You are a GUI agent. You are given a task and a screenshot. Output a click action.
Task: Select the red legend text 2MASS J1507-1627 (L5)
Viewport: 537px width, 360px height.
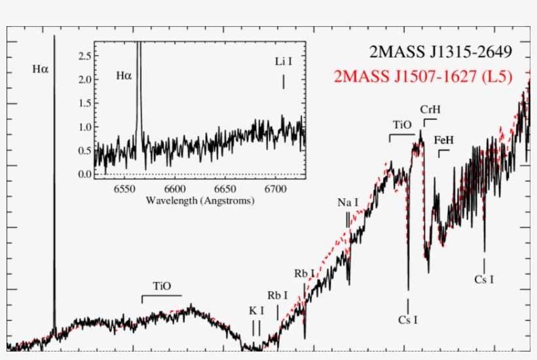pos(422,77)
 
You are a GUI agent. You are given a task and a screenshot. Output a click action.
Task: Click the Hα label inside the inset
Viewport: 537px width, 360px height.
pos(124,76)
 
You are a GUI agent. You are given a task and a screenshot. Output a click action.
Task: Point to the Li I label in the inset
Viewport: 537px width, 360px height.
pos(283,62)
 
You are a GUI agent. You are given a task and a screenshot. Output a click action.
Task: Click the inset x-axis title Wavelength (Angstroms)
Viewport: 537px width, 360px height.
pos(200,200)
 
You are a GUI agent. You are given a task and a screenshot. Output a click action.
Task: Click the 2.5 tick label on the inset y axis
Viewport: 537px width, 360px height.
pos(84,56)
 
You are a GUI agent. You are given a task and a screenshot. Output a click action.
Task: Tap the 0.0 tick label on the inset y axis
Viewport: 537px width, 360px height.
pos(84,174)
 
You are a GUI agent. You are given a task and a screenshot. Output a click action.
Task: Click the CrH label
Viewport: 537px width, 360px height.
pos(430,109)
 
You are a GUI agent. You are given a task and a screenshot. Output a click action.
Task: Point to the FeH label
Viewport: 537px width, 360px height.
pos(443,140)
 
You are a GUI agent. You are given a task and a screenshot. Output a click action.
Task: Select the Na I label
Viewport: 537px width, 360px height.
pos(348,202)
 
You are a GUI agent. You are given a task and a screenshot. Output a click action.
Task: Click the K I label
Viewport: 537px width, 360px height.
pos(257,310)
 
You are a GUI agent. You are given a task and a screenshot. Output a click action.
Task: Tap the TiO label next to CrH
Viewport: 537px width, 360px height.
pos(401,124)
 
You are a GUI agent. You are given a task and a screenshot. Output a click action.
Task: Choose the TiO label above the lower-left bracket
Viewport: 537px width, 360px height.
pos(162,286)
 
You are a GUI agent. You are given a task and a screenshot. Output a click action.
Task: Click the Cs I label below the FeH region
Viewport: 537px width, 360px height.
pos(483,279)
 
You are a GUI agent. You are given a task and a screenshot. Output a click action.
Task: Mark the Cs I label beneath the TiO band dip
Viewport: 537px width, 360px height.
pos(408,320)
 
